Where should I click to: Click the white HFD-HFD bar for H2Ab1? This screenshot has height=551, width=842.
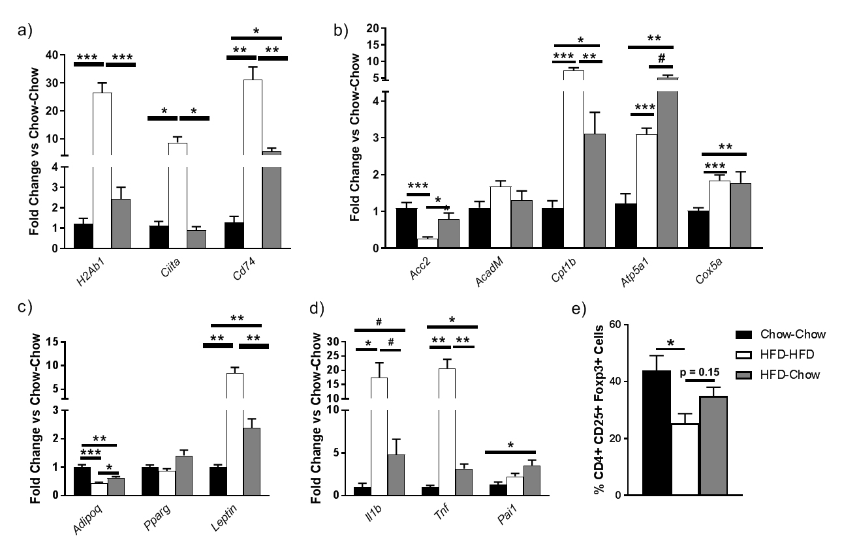pyautogui.click(x=102, y=170)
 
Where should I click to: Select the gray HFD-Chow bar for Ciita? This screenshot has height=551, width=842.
pyautogui.click(x=196, y=239)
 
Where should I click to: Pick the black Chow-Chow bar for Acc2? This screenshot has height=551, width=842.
pyautogui.click(x=407, y=228)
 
